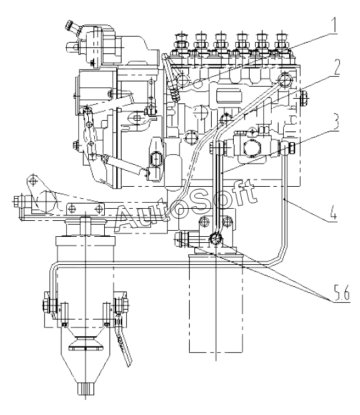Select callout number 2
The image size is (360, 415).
pyautogui.click(x=336, y=67)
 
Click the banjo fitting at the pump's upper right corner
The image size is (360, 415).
pyautogui.click(x=285, y=79)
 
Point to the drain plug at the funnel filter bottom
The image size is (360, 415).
pyautogui.click(x=85, y=390)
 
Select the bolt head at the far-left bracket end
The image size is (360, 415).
pyautogui.click(x=17, y=201)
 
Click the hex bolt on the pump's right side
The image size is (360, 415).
pyautogui.click(x=304, y=97)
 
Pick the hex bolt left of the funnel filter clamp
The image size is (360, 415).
pyautogui.click(x=47, y=304)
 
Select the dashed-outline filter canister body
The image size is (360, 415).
pyautogui.click(x=216, y=304)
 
